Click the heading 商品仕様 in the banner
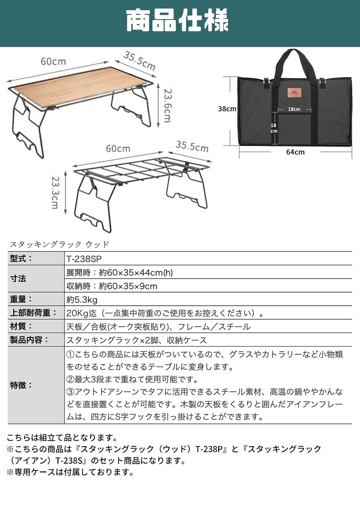(x=177, y=20)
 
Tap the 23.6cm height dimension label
(x=168, y=105)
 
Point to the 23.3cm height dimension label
(x=55, y=192)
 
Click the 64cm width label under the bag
(x=295, y=152)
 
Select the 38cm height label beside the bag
(x=227, y=109)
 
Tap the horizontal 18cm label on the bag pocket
(x=294, y=109)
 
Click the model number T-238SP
(x=84, y=259)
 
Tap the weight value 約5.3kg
(x=82, y=300)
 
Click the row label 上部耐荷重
(x=33, y=313)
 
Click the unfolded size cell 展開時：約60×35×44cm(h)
(x=120, y=272)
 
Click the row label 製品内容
(x=29, y=340)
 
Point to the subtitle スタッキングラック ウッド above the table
(x=60, y=245)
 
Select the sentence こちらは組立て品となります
(x=62, y=437)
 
